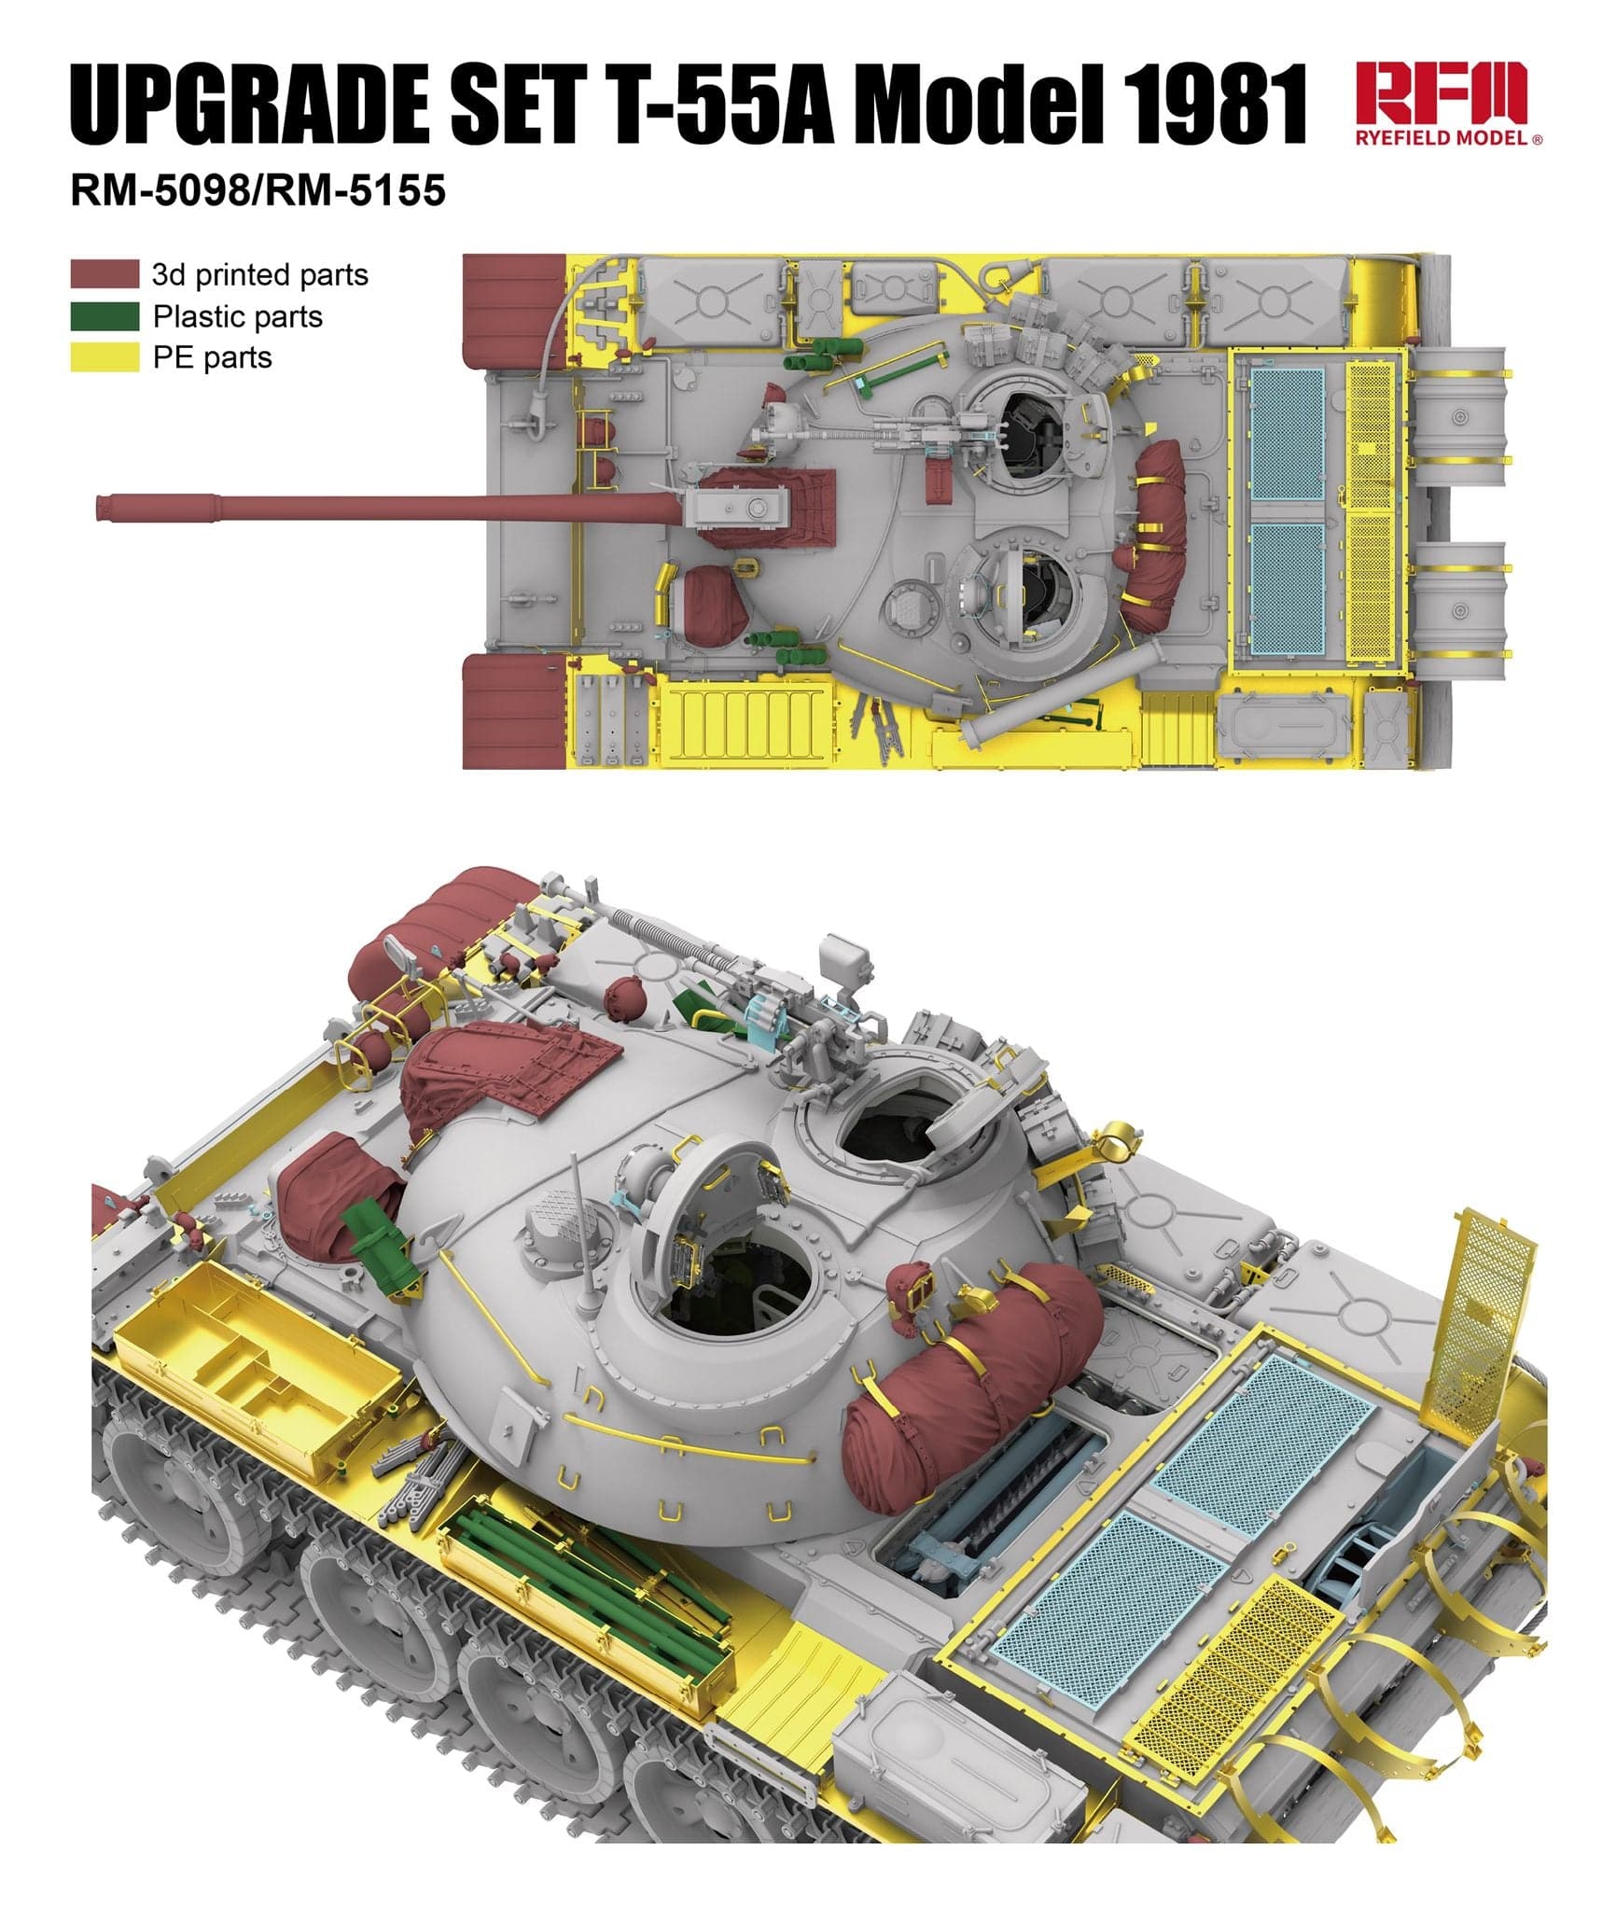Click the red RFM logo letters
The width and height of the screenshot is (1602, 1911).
pos(1440,93)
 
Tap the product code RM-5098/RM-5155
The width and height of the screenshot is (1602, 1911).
pos(258,190)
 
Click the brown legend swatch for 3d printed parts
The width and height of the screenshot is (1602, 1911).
pos(104,274)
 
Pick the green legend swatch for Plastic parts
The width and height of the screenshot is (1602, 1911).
pos(104,316)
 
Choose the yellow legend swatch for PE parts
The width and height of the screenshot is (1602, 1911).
pos(104,357)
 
